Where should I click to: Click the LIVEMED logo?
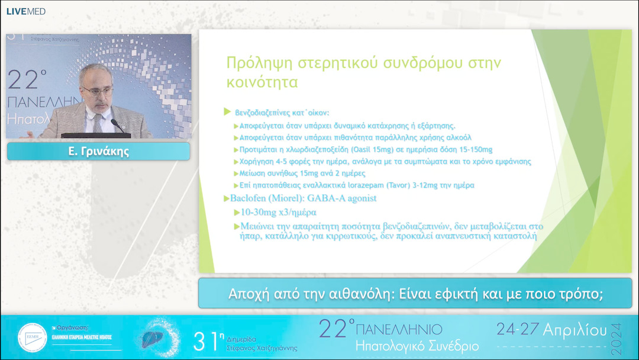[x=25, y=11]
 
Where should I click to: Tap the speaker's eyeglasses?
[x=98, y=90]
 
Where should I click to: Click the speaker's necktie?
[x=97, y=121]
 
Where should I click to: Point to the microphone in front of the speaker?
[x=117, y=126]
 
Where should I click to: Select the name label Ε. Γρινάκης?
[x=98, y=152]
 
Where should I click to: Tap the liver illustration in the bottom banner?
[x=158, y=337]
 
